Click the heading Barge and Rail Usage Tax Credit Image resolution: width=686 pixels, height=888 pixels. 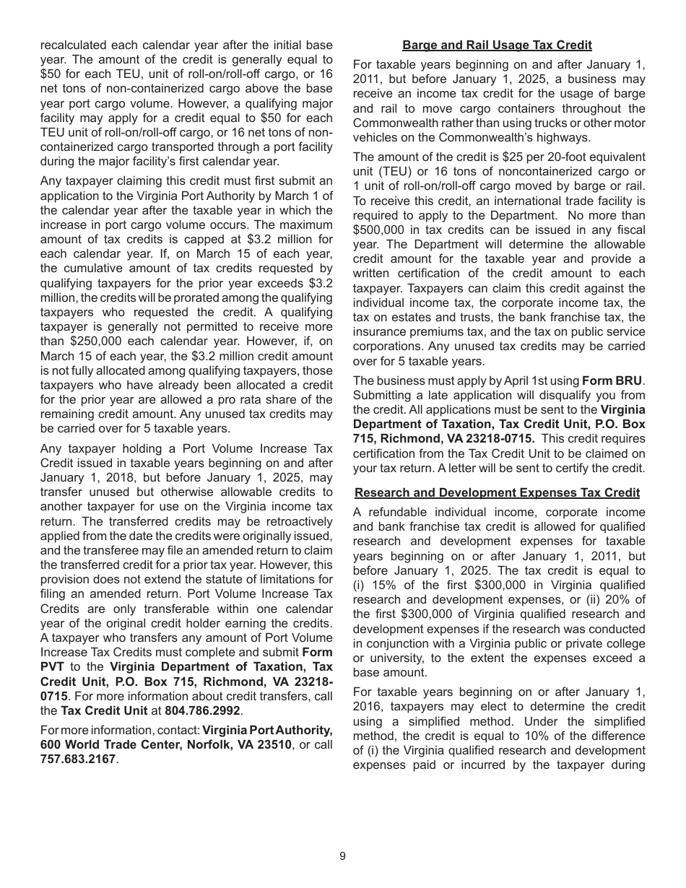pos(497,45)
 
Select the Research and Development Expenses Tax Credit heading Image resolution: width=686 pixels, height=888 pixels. pos(497,492)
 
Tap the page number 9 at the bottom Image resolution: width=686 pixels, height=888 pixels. pos(342,856)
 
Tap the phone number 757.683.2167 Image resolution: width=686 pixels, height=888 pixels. pos(78,759)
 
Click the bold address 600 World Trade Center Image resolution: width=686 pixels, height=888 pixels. pos(108,744)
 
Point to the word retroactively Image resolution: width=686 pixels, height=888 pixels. pos(297,521)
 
